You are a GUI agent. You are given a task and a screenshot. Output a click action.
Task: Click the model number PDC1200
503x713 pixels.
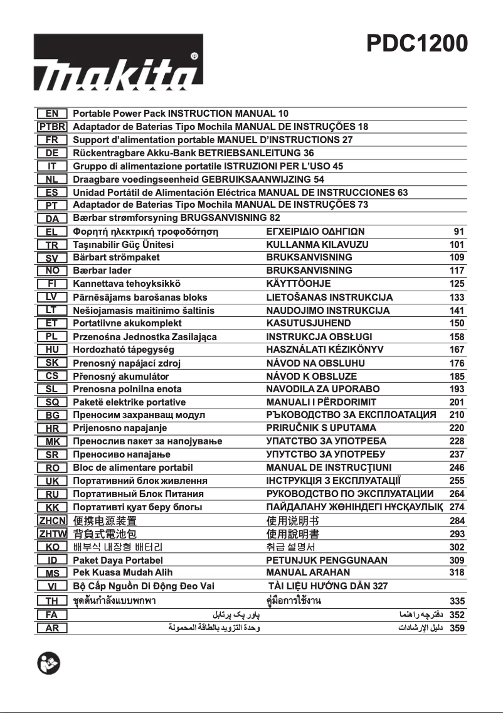[416, 44]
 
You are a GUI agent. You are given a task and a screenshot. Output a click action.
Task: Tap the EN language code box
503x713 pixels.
[53, 114]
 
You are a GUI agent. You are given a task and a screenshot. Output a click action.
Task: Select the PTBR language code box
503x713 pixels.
[53, 127]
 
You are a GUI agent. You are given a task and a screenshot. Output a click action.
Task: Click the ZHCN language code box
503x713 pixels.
[53, 521]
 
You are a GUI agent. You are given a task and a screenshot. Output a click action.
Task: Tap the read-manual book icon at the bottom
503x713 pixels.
[48, 663]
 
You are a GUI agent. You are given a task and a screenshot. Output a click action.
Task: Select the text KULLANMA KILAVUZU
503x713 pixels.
[317, 245]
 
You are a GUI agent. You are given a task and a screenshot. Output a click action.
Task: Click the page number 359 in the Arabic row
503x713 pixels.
[457, 628]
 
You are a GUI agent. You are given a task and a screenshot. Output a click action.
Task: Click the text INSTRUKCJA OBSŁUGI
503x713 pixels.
[319, 337]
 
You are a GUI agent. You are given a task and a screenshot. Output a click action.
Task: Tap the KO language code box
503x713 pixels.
[53, 547]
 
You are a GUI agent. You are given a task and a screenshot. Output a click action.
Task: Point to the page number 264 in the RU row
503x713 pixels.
[457, 494]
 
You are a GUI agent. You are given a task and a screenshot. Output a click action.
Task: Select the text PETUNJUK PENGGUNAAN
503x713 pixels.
[327, 560]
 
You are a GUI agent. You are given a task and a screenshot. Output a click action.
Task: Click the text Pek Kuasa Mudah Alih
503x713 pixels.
[123, 572]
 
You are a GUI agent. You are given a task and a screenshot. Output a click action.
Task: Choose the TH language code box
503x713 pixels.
[53, 601]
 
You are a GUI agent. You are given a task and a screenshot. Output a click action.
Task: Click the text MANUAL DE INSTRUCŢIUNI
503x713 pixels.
[329, 468]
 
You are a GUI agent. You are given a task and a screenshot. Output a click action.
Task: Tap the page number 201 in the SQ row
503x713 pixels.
[457, 402]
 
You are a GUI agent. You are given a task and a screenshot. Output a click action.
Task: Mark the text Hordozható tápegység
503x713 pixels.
[124, 350]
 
